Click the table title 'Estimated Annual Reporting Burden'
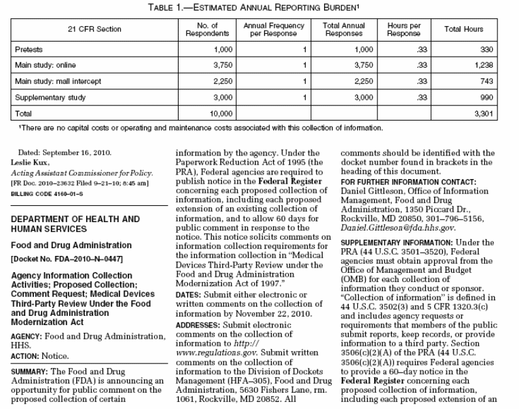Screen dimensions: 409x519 pos(259,7)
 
